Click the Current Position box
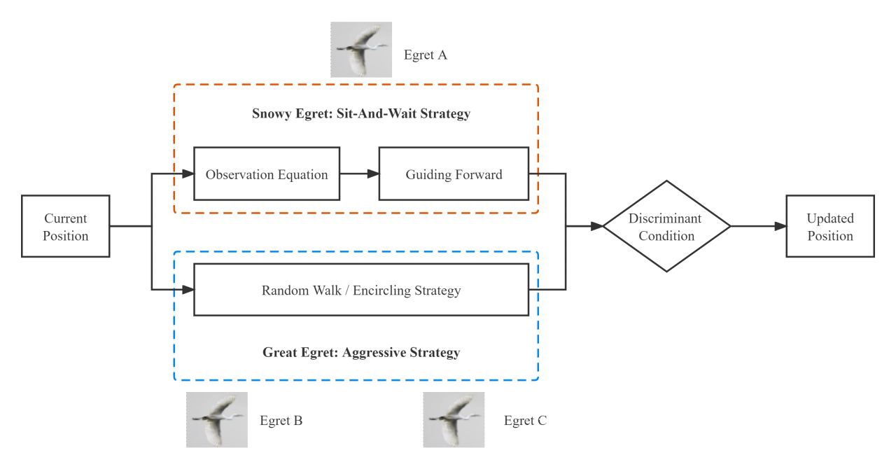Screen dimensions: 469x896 point(66,227)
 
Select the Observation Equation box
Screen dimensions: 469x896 point(267,174)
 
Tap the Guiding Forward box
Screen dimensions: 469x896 point(454,174)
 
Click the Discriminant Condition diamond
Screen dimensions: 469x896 point(666,227)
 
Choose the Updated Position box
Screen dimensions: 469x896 point(830,227)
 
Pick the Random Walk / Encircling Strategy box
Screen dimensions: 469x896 point(361,290)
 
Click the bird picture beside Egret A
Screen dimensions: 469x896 point(361,50)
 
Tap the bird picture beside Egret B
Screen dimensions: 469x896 point(217,420)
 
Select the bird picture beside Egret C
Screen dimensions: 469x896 point(454,420)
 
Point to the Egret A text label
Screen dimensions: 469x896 point(426,55)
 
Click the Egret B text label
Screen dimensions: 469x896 point(281,421)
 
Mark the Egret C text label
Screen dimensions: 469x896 point(525,421)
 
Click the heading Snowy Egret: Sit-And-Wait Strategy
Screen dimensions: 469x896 point(361,113)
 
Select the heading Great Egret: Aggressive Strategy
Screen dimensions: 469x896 point(361,352)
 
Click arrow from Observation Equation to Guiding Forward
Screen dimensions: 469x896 point(359,174)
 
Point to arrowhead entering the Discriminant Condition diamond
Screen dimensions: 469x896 point(597,226)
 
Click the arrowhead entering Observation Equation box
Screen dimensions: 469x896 point(188,174)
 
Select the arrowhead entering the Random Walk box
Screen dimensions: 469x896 point(188,289)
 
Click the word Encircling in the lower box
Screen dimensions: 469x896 point(381,290)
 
